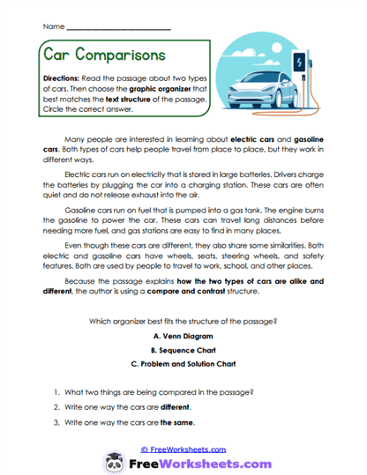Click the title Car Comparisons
pos(103,55)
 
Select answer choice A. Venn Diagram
pos(183,336)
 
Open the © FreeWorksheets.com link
pos(183,448)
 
